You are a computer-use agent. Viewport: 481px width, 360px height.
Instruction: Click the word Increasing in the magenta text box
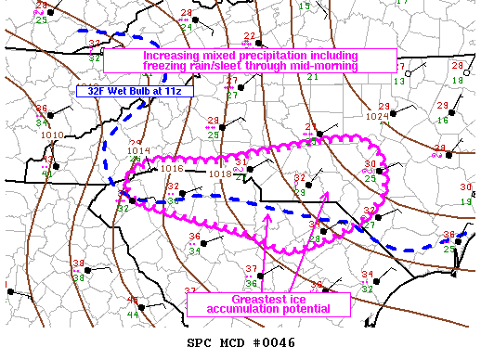173,56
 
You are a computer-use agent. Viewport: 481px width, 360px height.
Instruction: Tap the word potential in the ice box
305,309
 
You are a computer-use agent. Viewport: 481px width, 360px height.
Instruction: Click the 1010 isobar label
52,135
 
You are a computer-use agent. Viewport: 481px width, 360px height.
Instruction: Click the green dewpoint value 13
398,82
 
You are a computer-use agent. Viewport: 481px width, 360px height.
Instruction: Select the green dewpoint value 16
443,121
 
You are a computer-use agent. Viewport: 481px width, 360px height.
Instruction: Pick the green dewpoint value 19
467,200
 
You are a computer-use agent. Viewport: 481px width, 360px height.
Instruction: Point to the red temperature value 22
249,36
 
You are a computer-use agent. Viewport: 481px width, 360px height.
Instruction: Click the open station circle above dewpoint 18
457,68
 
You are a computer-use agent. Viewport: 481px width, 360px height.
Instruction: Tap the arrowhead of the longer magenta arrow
325,193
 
